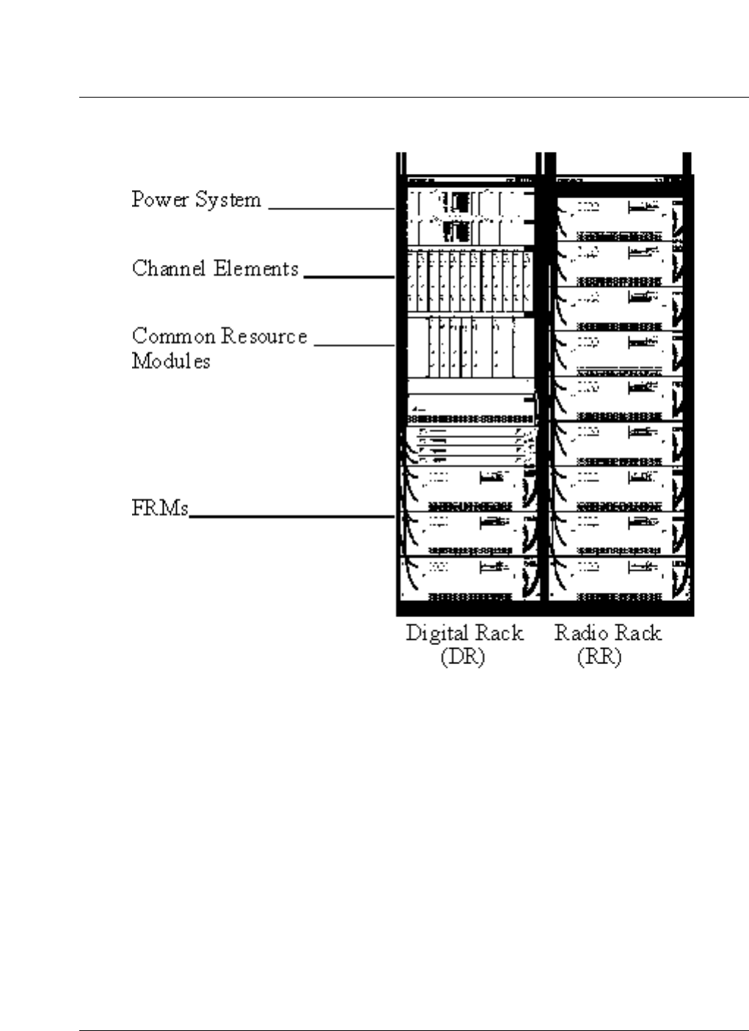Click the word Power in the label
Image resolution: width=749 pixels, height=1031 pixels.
tap(160, 200)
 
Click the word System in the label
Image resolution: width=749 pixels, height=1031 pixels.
tap(228, 200)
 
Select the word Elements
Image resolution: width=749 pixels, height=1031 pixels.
tap(256, 269)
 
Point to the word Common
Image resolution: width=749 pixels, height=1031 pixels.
tap(173, 337)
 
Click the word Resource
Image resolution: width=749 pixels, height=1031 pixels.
tap(265, 337)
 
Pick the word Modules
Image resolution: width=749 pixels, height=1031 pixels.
tap(171, 361)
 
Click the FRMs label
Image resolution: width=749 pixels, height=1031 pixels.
tap(160, 508)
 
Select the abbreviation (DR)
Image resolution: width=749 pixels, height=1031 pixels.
tap(463, 657)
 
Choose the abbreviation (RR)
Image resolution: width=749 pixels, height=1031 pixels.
tap(599, 657)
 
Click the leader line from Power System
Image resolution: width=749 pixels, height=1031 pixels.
tap(332, 209)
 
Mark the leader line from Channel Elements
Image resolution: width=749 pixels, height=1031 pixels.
tap(349, 277)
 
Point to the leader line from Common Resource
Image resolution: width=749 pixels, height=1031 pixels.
tap(354, 345)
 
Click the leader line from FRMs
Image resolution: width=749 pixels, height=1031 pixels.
tap(292, 517)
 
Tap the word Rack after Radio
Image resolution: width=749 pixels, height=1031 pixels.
tap(638, 633)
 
